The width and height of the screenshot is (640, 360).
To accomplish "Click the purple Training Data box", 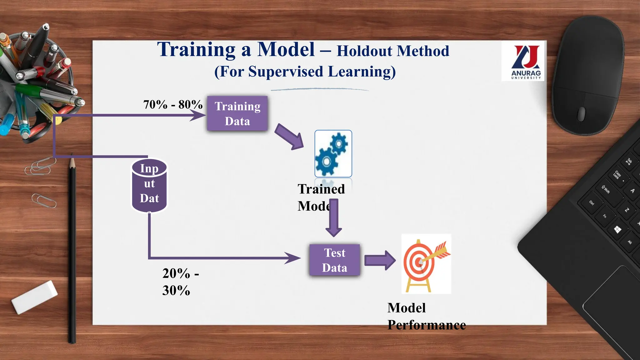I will [x=237, y=113].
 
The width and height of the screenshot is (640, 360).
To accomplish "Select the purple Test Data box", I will [x=334, y=260].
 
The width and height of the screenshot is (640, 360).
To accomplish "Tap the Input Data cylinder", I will [x=149, y=186].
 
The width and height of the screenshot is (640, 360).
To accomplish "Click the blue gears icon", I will [x=333, y=154].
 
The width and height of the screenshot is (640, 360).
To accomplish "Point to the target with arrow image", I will [x=426, y=263].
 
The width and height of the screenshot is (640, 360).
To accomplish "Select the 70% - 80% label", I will [x=173, y=105].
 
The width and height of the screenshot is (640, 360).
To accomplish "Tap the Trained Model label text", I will [x=321, y=197].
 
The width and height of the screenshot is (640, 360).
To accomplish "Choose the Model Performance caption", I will [x=426, y=316].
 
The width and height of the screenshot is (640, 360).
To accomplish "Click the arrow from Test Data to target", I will [x=380, y=260].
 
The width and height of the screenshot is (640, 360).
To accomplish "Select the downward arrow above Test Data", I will [x=334, y=219].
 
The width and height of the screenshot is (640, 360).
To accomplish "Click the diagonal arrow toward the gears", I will [x=289, y=137].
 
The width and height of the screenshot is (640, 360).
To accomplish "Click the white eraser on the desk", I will [x=34, y=297].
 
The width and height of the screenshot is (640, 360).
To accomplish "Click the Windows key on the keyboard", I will [x=617, y=230].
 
